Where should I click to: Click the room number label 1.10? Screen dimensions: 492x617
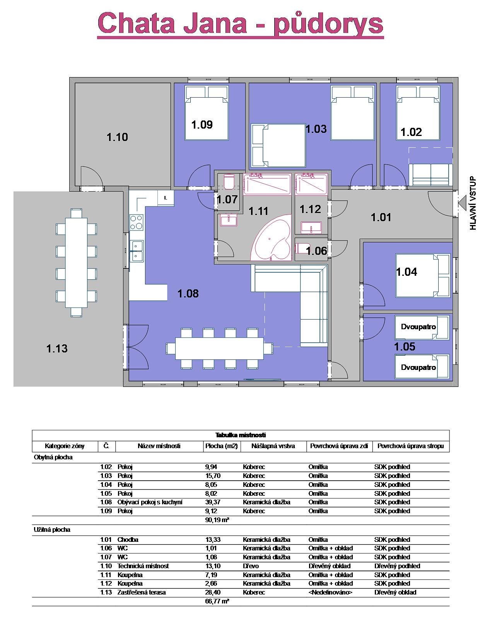point(117,137)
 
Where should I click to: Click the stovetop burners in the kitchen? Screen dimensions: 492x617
point(136,222)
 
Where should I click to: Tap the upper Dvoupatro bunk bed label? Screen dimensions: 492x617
point(418,327)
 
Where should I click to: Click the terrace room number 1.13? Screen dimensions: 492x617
point(57,349)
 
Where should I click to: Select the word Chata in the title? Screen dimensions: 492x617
point(136,23)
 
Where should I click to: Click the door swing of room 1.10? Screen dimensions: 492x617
point(92,176)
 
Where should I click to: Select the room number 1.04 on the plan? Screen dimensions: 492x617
point(407,272)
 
